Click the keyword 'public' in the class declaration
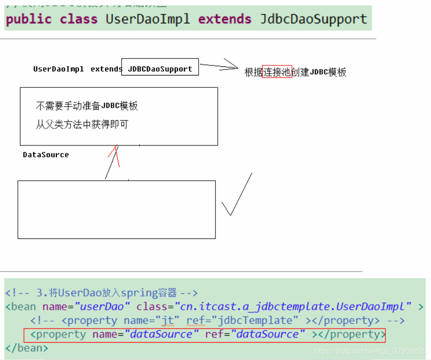28,19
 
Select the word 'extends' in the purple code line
225,19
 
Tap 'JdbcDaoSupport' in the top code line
313,19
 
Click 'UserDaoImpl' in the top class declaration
148,19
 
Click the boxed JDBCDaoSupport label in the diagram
160,69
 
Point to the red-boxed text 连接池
277,72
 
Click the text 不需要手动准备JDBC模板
87,106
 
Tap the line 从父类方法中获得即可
82,124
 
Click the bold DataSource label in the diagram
46,155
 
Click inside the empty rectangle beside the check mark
116,210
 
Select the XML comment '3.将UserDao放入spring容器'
101,293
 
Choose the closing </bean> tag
27,348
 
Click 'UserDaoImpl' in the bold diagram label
59,69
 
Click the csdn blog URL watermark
371,351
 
